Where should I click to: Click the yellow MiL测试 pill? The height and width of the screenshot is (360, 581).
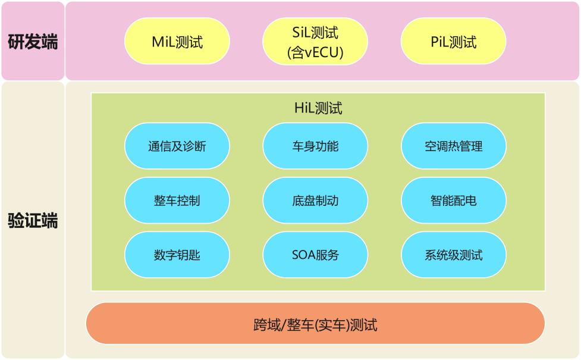click(177, 41)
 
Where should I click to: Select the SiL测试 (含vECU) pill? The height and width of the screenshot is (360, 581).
click(315, 41)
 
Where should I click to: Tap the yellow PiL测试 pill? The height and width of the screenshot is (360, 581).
click(454, 41)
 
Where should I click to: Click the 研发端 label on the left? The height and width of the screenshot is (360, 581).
click(33, 42)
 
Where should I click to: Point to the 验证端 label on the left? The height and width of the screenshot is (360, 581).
click(33, 221)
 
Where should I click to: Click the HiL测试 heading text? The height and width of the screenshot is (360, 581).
click(318, 108)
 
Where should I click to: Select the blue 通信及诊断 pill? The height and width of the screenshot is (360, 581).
click(177, 146)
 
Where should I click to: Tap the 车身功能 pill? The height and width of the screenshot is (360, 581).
click(315, 146)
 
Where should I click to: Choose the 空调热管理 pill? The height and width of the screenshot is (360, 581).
click(454, 146)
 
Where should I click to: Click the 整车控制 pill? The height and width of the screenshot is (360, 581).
click(177, 201)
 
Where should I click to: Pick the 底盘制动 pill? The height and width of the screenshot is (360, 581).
click(315, 201)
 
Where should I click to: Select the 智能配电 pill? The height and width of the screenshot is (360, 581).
click(454, 201)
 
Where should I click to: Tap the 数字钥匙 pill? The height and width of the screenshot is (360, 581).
click(177, 255)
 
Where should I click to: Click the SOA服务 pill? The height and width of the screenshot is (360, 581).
click(315, 255)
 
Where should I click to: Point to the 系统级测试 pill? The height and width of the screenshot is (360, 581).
click(454, 255)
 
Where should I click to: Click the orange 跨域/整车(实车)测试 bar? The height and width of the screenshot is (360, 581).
click(315, 323)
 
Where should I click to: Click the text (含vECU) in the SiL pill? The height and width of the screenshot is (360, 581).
click(315, 52)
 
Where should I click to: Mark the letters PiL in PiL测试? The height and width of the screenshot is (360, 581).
click(439, 42)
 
